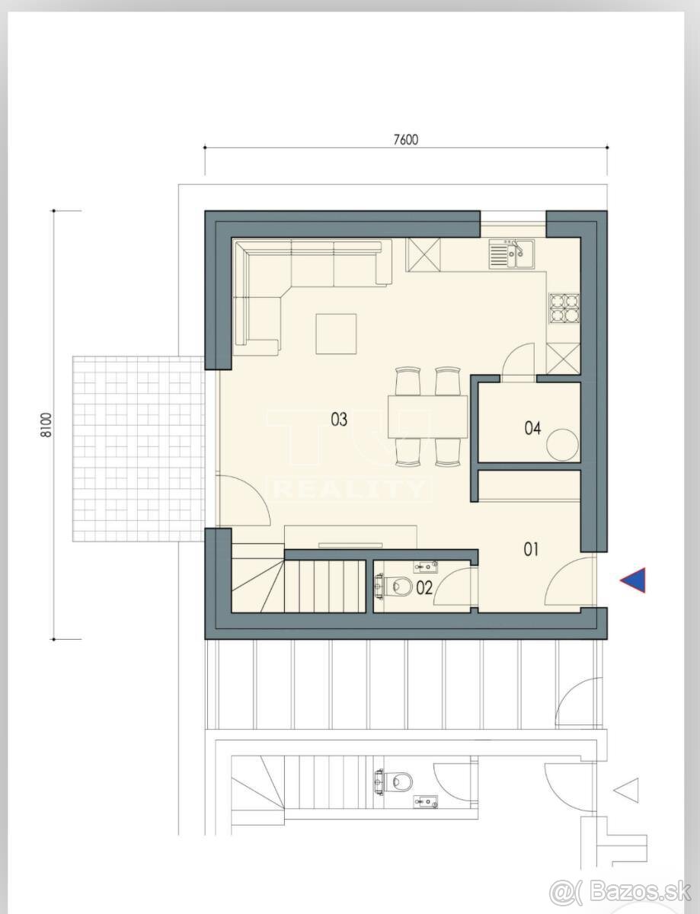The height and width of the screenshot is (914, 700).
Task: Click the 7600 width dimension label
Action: click(406, 139)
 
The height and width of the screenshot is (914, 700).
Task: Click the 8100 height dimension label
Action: click(46, 425)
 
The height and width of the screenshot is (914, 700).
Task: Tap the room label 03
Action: click(339, 420)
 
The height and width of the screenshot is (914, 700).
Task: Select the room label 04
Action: click(532, 428)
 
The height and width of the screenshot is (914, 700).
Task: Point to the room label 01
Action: click(532, 549)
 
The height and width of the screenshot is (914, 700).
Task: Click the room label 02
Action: click(424, 588)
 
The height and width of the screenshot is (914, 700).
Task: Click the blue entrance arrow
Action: click(633, 580)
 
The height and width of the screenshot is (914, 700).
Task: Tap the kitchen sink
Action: click(511, 254)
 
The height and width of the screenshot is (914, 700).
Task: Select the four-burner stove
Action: click(564, 308)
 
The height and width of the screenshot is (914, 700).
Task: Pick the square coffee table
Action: click(337, 334)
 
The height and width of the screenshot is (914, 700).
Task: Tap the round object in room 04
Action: click(563, 445)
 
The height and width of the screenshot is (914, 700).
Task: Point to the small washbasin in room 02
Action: click(426, 567)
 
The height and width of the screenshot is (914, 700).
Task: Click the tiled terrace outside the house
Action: click(139, 449)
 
